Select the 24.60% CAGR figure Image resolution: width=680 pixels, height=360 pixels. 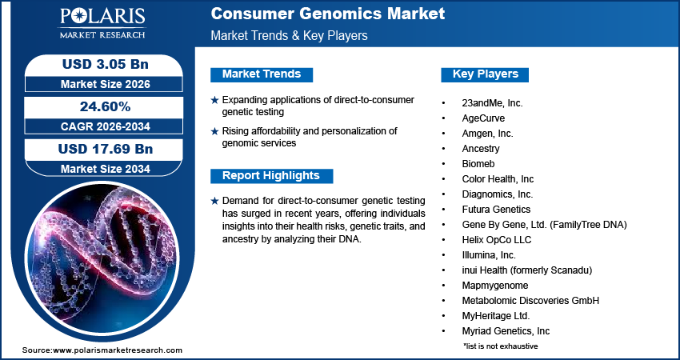105,106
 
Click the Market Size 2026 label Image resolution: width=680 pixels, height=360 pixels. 105,83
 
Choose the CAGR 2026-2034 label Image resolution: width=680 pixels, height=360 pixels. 105,126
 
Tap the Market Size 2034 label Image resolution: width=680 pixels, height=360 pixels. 105,168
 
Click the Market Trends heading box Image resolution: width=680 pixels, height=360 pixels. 262,74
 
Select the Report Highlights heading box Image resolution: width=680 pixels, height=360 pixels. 271,176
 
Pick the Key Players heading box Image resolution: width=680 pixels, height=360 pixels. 486,74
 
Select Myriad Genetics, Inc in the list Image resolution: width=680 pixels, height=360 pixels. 506,330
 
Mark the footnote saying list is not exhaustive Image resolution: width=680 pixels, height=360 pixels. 500,346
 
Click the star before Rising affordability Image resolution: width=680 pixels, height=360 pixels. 214,130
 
